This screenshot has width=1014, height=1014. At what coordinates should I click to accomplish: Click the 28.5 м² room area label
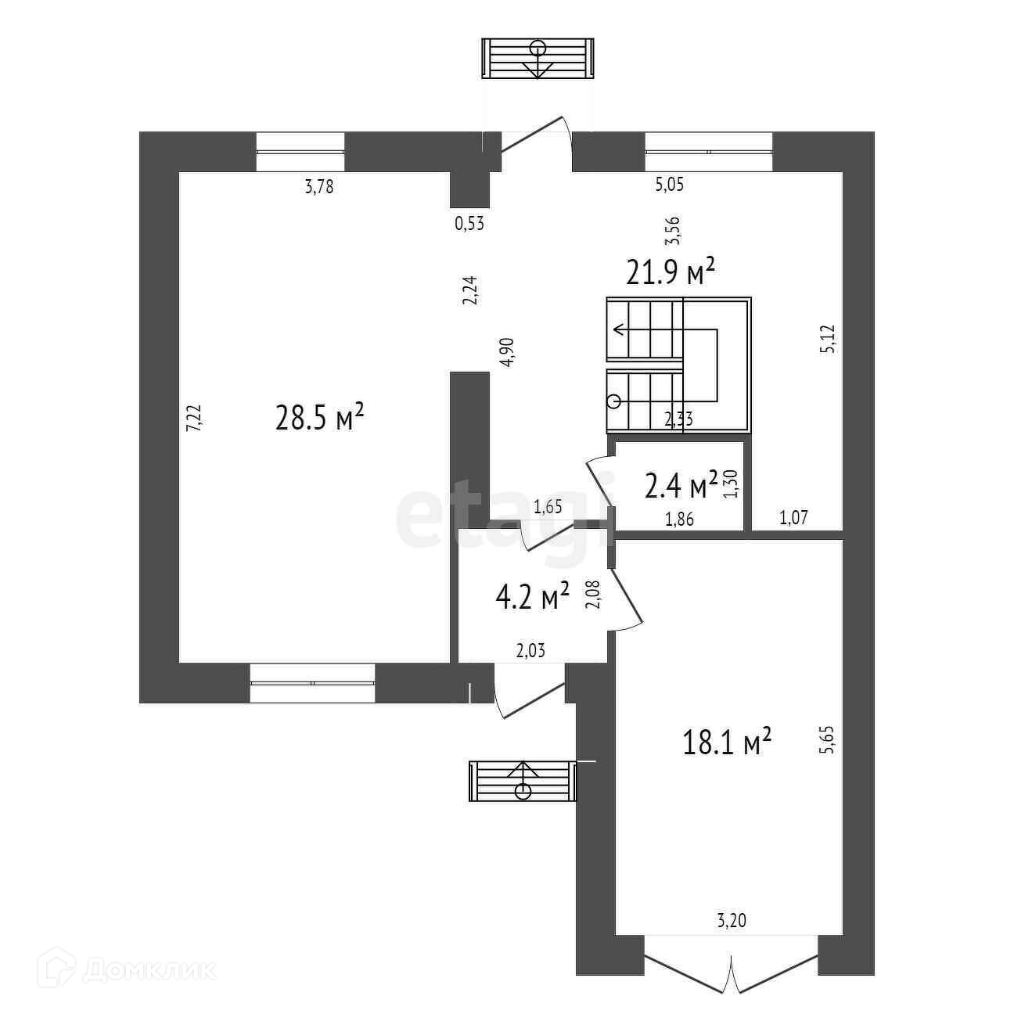point(320,418)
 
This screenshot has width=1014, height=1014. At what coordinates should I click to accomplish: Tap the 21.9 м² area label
point(671,273)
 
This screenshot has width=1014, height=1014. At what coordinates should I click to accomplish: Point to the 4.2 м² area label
point(532,599)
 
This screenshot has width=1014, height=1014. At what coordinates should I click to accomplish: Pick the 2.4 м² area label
point(681,486)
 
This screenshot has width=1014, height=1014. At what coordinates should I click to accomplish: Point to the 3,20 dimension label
point(732,922)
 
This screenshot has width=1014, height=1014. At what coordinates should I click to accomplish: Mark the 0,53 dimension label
point(469,224)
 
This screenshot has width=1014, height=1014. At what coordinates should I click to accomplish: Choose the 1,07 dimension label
point(793,516)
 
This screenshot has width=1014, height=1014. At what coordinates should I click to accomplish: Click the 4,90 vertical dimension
point(509,352)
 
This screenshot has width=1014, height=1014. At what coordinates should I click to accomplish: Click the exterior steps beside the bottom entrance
point(522,781)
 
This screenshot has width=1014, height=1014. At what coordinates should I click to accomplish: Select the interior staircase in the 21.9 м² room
point(678,365)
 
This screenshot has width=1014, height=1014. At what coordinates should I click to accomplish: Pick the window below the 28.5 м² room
point(312,683)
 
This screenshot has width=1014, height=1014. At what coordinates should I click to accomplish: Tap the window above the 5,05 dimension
point(708,151)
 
